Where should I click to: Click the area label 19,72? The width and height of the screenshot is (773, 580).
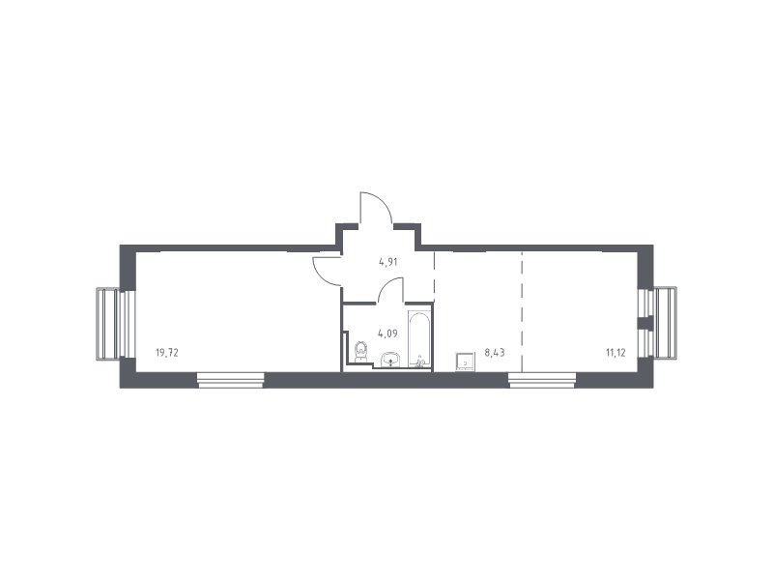pyautogui.click(x=166, y=353)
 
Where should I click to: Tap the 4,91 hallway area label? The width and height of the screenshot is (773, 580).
pyautogui.click(x=388, y=262)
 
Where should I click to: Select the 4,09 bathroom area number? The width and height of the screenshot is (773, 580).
pyautogui.click(x=387, y=333)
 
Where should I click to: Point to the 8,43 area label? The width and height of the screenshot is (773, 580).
pyautogui.click(x=495, y=353)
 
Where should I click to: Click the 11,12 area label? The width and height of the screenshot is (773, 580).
pyautogui.click(x=616, y=353)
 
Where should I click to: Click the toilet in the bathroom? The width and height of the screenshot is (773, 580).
pyautogui.click(x=361, y=351)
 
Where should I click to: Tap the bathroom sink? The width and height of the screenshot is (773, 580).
pyautogui.click(x=391, y=360)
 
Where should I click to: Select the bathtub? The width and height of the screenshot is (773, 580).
pyautogui.click(x=419, y=339)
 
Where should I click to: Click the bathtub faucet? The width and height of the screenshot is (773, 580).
pyautogui.click(x=420, y=362)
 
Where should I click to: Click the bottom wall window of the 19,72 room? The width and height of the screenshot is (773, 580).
pyautogui.click(x=231, y=379)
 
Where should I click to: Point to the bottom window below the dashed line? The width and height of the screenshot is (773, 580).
pyautogui.click(x=542, y=379)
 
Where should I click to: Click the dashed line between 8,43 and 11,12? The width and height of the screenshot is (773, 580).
pyautogui.click(x=522, y=311)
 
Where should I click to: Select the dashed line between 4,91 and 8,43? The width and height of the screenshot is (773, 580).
pyautogui.click(x=434, y=276)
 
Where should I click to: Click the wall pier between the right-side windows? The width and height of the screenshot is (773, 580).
pyautogui.click(x=645, y=323)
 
